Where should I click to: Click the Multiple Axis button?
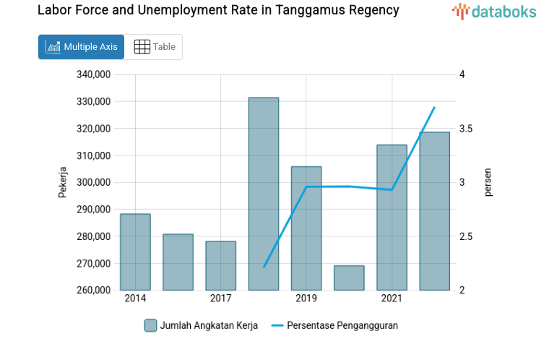[81, 47]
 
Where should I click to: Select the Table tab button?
[155, 47]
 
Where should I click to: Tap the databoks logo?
[494, 11]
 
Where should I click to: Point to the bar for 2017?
[220, 265]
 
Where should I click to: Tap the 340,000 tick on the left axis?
[92, 74]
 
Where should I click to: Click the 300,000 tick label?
[92, 182]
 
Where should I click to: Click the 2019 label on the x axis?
[306, 299]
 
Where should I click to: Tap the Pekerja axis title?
[63, 182]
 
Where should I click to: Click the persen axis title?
[488, 182]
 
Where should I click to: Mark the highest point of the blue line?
[434, 108]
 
